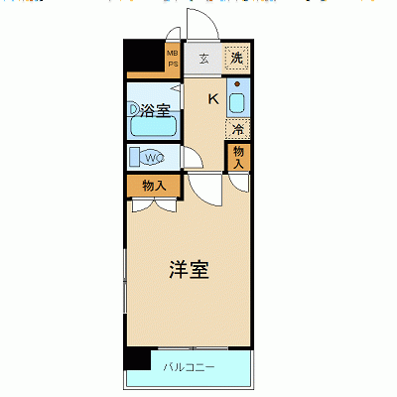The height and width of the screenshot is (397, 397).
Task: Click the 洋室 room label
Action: (x=188, y=269)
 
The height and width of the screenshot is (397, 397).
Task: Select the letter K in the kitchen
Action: (x=212, y=97)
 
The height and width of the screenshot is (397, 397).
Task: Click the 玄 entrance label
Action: (x=203, y=59)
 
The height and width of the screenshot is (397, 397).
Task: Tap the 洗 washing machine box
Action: (x=236, y=58)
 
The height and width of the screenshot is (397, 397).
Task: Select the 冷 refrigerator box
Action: (x=238, y=129)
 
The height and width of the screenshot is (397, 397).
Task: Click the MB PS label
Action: (x=172, y=60)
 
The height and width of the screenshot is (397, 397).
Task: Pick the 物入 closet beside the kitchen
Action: (x=239, y=156)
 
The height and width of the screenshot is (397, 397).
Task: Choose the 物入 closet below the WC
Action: (x=153, y=185)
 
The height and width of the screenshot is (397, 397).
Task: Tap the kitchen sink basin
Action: (x=238, y=102)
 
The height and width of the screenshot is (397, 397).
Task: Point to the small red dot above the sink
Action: (x=238, y=85)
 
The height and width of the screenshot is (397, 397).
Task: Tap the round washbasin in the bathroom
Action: (x=135, y=108)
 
